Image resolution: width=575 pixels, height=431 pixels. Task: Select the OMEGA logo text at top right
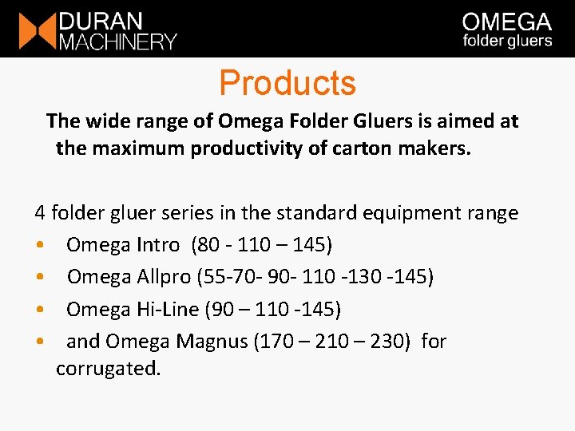tap(507, 22)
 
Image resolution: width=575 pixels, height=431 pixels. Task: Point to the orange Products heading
tap(287, 83)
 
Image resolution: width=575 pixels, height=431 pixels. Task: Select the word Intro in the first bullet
tap(157, 245)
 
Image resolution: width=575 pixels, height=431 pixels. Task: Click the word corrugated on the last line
tap(108, 369)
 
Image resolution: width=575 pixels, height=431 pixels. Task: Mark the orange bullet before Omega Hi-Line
tap(40, 310)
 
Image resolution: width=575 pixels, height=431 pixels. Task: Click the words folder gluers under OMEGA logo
tap(507, 41)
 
